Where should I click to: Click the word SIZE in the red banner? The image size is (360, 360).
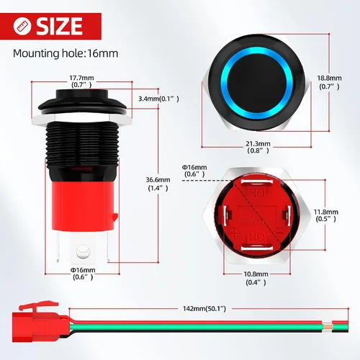pyautogui.click(x=59, y=26)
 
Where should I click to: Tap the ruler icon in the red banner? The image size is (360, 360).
pyautogui.click(x=22, y=26)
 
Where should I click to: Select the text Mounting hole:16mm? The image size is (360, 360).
pyautogui.click(x=66, y=53)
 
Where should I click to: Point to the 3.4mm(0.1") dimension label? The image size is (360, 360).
pyautogui.click(x=158, y=99)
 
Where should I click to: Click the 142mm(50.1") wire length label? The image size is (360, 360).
pyautogui.click(x=204, y=308)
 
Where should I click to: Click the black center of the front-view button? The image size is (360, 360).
pyautogui.click(x=257, y=83)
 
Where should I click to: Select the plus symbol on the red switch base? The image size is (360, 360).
pyautogui.click(x=235, y=233)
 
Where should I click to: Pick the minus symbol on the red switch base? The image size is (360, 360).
pyautogui.click(x=280, y=232)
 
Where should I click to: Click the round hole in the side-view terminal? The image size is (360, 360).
pyautogui.click(x=83, y=251)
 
